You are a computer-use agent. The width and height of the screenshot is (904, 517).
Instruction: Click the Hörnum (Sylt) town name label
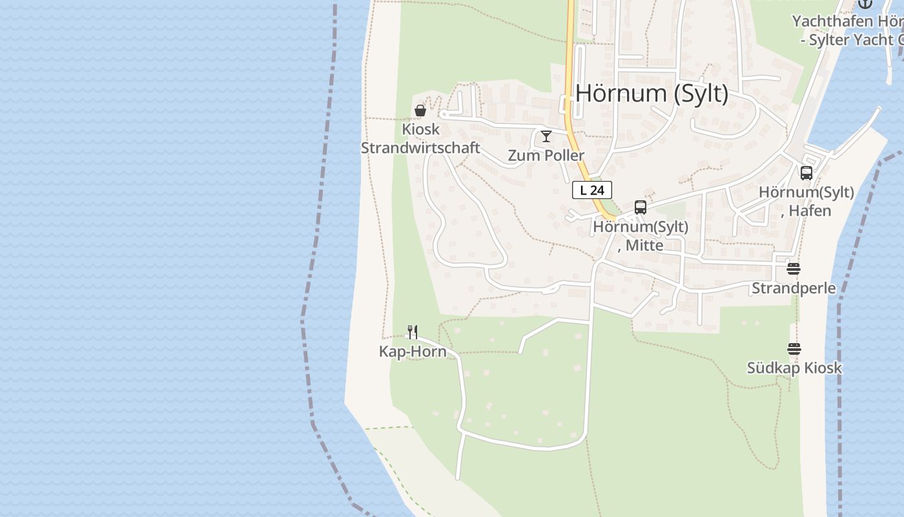652,94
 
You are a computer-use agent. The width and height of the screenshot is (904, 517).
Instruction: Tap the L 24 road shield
591,190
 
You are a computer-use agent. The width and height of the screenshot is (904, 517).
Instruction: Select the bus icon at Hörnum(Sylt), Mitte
640,207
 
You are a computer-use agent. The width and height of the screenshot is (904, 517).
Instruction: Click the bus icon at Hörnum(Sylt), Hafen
806,173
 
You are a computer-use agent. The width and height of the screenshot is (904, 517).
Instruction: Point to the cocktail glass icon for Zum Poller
546,136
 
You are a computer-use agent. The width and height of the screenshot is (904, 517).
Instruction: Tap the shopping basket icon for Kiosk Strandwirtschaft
420,111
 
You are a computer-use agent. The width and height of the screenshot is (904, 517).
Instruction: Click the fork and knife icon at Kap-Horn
413,332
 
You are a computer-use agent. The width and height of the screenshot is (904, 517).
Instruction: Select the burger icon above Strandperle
794,269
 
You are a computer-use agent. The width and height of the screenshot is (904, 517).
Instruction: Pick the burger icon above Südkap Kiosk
794,349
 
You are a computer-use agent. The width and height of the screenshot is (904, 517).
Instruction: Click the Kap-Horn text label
412,353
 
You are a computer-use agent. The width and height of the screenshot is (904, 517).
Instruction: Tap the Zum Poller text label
546,156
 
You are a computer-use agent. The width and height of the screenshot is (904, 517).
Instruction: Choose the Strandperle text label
794,288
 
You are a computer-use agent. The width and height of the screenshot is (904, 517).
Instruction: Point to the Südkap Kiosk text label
794,368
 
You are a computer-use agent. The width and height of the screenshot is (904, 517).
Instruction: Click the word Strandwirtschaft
420,148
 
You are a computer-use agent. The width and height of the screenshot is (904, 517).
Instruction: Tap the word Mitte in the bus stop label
644,246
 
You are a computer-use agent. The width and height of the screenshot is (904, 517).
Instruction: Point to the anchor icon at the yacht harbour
865,3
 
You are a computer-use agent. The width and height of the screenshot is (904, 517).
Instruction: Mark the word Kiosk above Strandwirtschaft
420,129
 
